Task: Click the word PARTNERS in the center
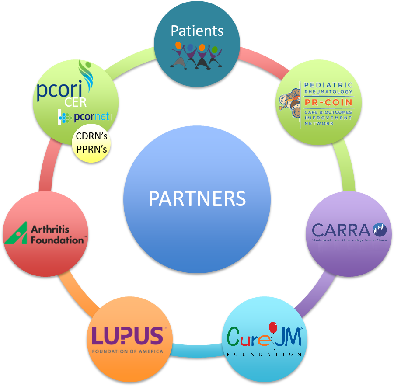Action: (x=197, y=199)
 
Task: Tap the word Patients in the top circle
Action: (x=197, y=31)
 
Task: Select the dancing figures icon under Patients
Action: (x=197, y=55)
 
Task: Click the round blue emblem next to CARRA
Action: (x=379, y=229)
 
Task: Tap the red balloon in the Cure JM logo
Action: (x=273, y=328)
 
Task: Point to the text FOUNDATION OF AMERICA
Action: (x=127, y=351)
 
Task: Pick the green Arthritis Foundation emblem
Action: (x=16, y=233)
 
